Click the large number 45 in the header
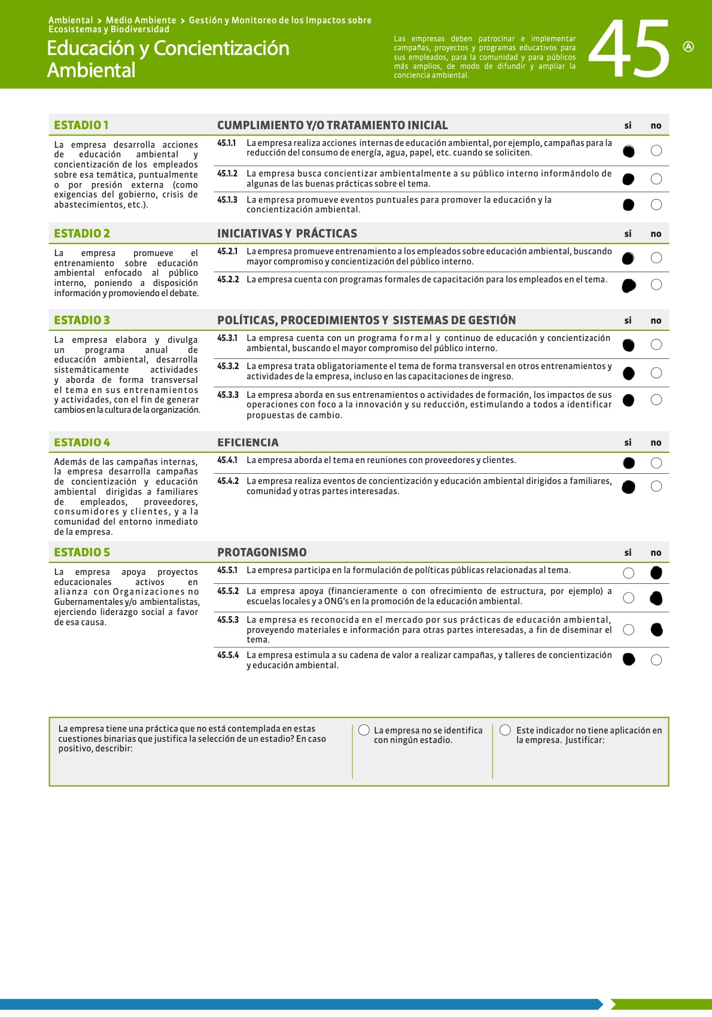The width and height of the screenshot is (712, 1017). tap(629, 49)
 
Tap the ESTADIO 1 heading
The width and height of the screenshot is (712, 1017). tap(81, 125)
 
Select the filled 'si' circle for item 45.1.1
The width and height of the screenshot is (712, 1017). tap(628, 151)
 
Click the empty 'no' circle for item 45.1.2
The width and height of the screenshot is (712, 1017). tap(656, 179)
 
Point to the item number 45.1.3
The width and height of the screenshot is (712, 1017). tap(227, 200)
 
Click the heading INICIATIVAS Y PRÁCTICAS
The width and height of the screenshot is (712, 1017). tap(287, 233)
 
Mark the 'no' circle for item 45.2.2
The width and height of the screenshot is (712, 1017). tap(656, 284)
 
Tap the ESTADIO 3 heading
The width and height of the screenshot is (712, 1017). tap(82, 320)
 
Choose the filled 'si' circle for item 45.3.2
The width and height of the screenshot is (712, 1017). tap(628, 373)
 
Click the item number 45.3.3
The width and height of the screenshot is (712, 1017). tap(227, 395)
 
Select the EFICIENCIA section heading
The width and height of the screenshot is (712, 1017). tap(248, 442)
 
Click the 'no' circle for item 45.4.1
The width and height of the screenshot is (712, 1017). tap(656, 462)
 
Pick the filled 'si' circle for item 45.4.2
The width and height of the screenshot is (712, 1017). tap(628, 487)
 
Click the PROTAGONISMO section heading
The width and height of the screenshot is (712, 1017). tap(261, 552)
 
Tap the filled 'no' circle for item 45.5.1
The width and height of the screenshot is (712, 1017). tap(656, 573)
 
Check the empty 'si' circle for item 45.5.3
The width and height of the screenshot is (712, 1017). tap(628, 629)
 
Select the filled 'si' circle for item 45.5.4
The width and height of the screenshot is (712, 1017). tap(628, 659)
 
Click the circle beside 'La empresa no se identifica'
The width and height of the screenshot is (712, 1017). tap(364, 730)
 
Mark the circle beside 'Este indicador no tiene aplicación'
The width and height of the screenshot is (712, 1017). tap(505, 730)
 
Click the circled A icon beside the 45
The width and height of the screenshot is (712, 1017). tap(688, 47)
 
